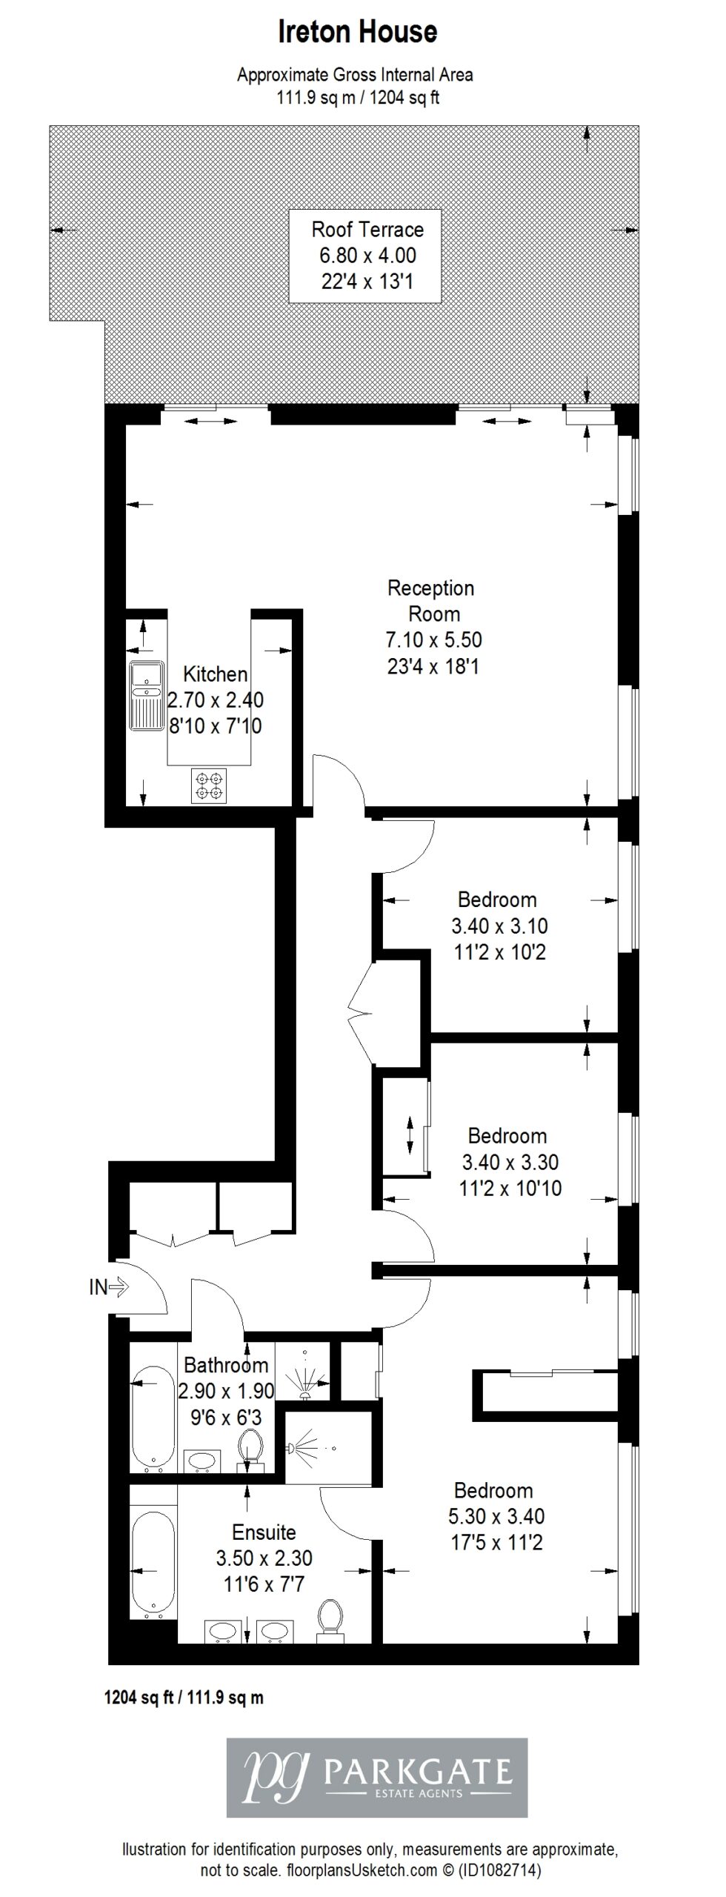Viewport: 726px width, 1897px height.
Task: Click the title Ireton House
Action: coord(358,32)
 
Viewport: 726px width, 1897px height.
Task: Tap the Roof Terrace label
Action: coord(367,229)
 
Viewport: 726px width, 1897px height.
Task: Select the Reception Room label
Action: coord(431,601)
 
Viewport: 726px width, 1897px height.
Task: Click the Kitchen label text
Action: coord(216,674)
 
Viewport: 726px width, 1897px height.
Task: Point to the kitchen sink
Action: coord(146,695)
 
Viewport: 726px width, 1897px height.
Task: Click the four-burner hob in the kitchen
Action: coord(208,785)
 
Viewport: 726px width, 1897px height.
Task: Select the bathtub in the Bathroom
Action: coord(154,1419)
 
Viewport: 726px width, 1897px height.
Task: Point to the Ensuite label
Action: coord(264,1532)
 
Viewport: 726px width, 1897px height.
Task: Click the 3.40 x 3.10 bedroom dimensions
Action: coord(499,926)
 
